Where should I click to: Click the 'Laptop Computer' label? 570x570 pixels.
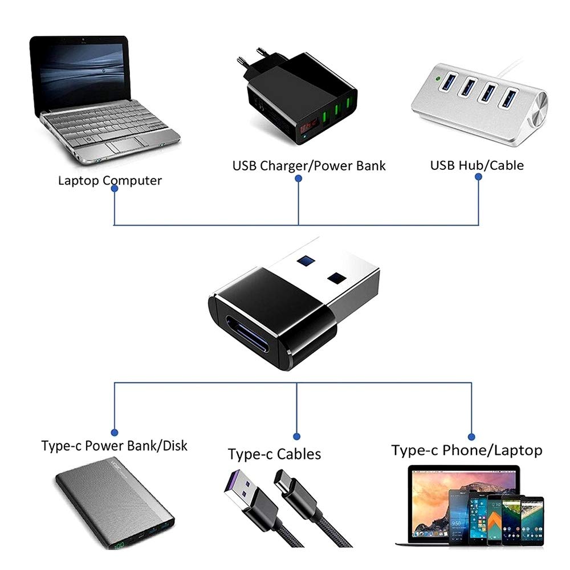(x=110, y=180)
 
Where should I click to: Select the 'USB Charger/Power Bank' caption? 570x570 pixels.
(x=308, y=166)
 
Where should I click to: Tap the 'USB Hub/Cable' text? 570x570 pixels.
(x=477, y=165)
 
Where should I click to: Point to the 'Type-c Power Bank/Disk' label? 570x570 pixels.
(x=114, y=446)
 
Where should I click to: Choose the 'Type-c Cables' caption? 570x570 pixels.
(x=275, y=454)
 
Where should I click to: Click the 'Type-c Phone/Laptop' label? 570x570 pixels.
(x=467, y=450)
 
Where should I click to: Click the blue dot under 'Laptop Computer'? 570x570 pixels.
(x=115, y=189)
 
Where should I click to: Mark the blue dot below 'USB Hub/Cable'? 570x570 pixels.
(x=478, y=177)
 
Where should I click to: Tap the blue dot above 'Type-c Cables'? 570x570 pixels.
(x=296, y=437)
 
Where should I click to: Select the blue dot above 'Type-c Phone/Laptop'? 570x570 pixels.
(x=471, y=437)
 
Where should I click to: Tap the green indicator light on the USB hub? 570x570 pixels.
(x=438, y=78)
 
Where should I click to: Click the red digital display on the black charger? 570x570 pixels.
(x=308, y=127)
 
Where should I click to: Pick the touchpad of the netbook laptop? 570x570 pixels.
(x=127, y=144)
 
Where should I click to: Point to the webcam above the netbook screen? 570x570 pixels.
(x=83, y=39)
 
